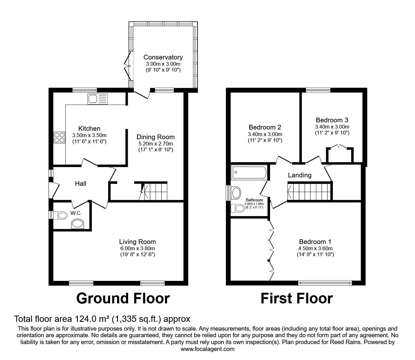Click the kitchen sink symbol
tap(98, 99)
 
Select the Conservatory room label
tap(163, 57)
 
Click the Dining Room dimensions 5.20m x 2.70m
tap(155, 144)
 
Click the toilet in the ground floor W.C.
tap(61, 215)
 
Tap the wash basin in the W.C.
tap(77, 224)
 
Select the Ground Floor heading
tap(123, 298)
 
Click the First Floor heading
tap(296, 298)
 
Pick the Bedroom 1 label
tap(315, 241)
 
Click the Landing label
tap(299, 175)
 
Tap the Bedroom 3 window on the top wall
tap(318, 90)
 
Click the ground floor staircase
tap(154, 191)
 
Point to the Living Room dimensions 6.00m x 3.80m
tap(137, 248)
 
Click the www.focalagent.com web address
tap(207, 349)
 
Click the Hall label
tap(81, 184)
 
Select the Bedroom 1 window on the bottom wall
tap(325, 283)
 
